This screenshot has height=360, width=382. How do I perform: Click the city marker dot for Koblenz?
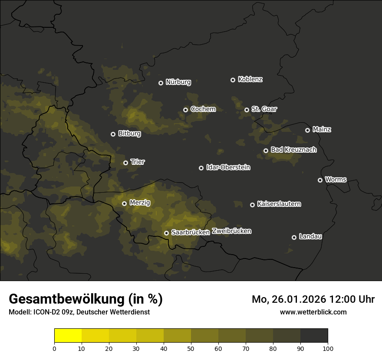click(x=233, y=80)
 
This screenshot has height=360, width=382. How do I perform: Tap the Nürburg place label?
click(x=178, y=82)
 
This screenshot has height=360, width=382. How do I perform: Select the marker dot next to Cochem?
click(x=185, y=110)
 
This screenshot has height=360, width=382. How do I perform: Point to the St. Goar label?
click(x=264, y=109)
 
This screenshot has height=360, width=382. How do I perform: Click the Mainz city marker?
click(x=307, y=130)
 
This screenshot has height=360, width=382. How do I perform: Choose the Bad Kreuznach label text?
click(x=293, y=150)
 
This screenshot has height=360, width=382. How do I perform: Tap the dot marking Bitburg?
click(x=113, y=134)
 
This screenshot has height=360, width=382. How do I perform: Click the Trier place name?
click(x=138, y=162)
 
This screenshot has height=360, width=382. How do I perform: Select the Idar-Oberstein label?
click(x=228, y=167)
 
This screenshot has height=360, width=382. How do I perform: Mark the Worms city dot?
click(x=320, y=180)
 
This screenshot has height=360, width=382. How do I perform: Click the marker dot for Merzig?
click(x=124, y=203)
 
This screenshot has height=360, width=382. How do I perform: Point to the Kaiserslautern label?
click(x=279, y=204)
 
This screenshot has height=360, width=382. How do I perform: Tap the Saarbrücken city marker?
click(x=166, y=233)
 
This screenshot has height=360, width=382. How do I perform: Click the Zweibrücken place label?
click(x=231, y=231)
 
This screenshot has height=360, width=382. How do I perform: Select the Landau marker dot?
click(x=294, y=237)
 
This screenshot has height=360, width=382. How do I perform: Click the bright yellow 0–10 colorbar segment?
click(x=68, y=336)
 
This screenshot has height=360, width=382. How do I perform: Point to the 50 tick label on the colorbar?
click(x=191, y=349)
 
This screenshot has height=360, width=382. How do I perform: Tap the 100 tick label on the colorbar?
click(x=328, y=349)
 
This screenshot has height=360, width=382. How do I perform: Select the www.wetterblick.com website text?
click(x=313, y=312)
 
